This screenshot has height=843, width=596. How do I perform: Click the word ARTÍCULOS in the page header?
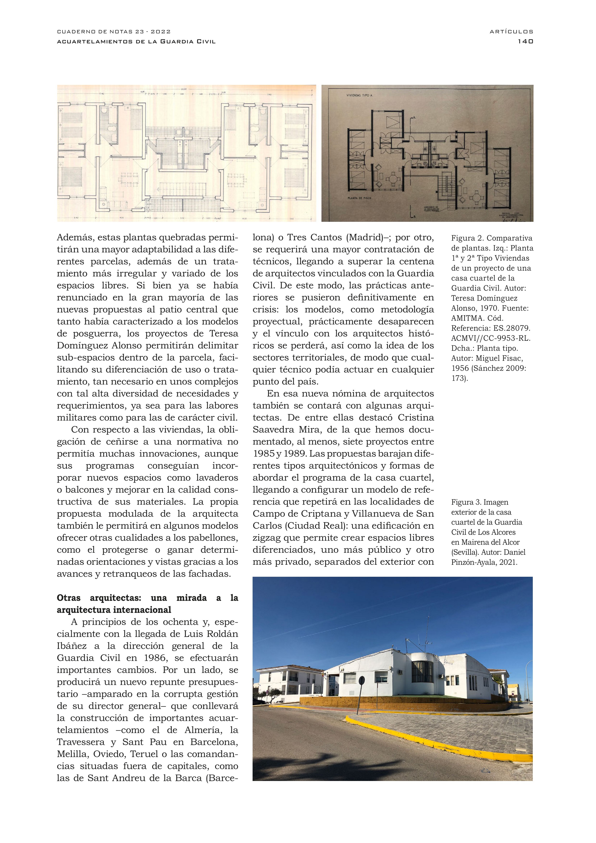511,32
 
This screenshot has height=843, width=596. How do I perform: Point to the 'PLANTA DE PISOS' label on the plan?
359,198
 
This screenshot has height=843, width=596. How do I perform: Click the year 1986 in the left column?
155,658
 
